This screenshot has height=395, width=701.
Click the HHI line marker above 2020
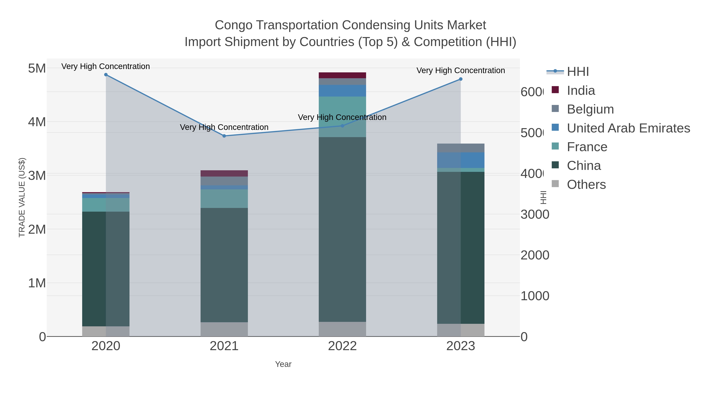[106, 75]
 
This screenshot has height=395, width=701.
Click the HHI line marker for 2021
[224, 136]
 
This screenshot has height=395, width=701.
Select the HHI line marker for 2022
[342, 126]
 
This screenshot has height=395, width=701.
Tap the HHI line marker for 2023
[461, 79]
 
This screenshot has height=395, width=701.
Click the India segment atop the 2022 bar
[342, 75]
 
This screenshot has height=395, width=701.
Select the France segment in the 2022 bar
[342, 117]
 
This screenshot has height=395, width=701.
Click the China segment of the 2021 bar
[224, 265]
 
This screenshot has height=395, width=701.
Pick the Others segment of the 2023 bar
[461, 330]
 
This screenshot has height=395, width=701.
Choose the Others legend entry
[586, 185]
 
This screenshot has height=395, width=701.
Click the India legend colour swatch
[555, 90]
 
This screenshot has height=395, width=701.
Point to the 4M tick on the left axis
[37, 122]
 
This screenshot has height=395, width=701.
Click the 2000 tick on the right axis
[535, 255]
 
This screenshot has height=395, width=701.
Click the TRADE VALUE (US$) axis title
[22, 197]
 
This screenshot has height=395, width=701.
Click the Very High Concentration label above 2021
[224, 127]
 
